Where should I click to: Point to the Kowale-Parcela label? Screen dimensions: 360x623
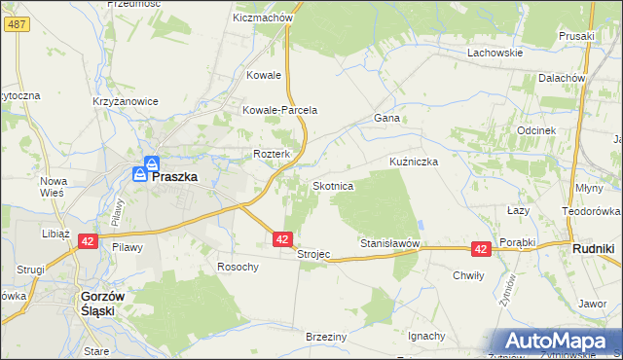point(280,111)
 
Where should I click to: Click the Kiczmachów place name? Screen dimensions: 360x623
point(264,18)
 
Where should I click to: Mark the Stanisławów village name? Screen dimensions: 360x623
point(389,242)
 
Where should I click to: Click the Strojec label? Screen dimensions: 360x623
point(313,254)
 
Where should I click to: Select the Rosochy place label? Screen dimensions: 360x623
point(238,267)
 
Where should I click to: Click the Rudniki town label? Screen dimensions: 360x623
point(591,249)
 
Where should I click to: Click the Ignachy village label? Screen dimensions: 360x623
point(426,336)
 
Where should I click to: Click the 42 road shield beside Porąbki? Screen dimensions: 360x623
point(480,249)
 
